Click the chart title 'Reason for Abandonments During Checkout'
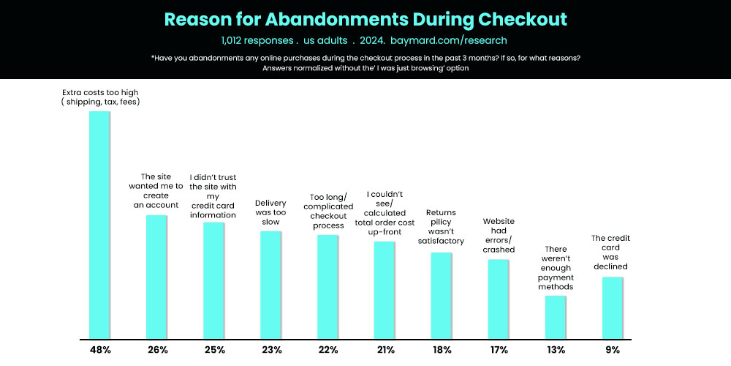point(365,19)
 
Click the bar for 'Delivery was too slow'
point(270,285)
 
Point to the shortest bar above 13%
point(555,317)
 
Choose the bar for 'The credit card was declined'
point(612,307)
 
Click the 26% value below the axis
point(156,350)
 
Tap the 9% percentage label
point(612,350)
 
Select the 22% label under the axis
point(327,350)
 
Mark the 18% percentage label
point(441,350)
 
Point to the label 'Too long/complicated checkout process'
point(328,212)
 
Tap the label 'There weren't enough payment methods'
point(556,268)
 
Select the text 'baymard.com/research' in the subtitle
point(448,40)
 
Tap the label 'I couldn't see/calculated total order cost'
point(385,212)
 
